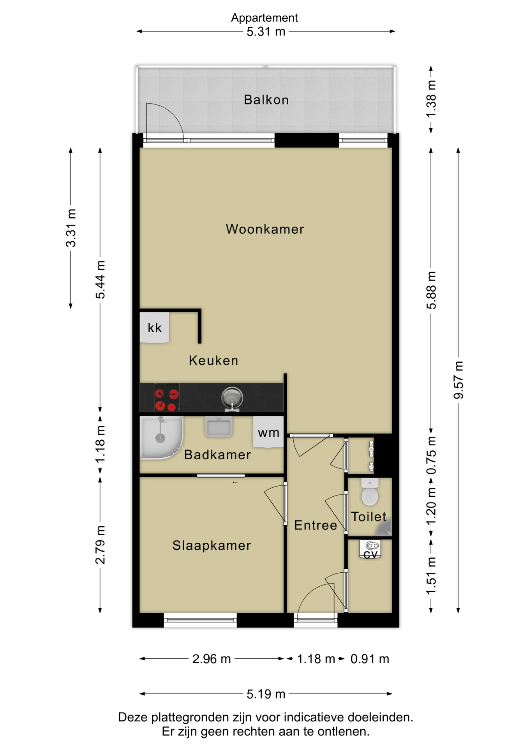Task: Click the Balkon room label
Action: (x=266, y=100)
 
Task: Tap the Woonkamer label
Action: (x=265, y=229)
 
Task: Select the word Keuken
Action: (x=213, y=360)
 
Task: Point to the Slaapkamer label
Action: (x=212, y=545)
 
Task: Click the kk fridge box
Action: (x=155, y=328)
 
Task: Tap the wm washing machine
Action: (x=268, y=432)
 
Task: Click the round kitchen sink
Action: (x=232, y=398)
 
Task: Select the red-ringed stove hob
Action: (x=167, y=400)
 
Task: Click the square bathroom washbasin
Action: (x=219, y=427)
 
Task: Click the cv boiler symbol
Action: (x=370, y=549)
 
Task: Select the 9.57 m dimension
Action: (x=458, y=380)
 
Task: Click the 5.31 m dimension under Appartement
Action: (x=266, y=32)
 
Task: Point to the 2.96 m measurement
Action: (x=212, y=659)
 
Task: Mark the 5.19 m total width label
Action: (x=266, y=694)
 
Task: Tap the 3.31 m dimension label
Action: (x=71, y=228)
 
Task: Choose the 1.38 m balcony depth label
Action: (x=431, y=99)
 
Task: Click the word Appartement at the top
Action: (x=264, y=18)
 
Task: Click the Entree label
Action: (x=316, y=525)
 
